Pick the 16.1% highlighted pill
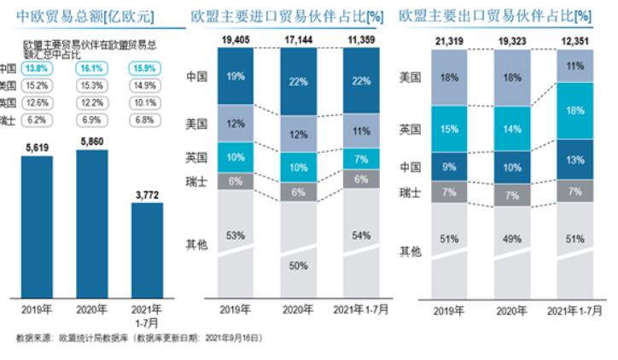tap(90, 68)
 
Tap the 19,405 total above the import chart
tap(236, 39)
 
